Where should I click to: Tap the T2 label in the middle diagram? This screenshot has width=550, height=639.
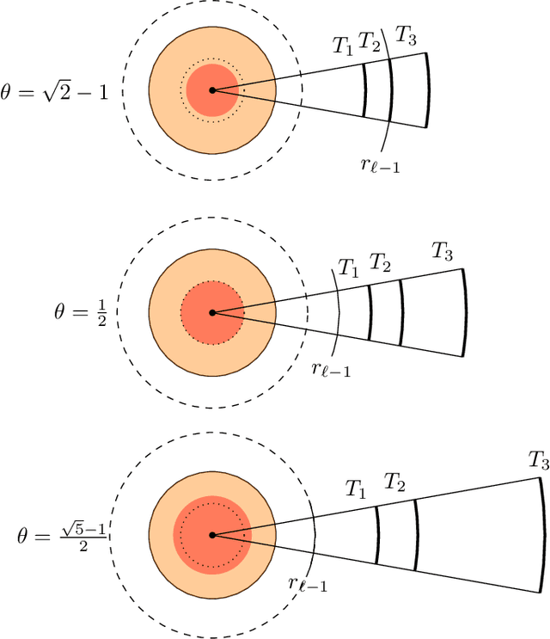coord(380,262)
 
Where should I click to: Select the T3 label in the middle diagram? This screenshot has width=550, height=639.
coord(443,251)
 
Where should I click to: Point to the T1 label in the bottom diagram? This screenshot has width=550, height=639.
coord(356,489)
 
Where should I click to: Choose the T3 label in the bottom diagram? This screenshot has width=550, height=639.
coord(539,462)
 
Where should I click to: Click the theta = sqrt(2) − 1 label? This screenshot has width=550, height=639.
coord(56,90)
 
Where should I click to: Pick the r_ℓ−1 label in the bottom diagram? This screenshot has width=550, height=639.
coord(308,585)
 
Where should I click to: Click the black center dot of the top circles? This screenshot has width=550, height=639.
coord(211,89)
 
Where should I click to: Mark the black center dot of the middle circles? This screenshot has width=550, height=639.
coord(211,312)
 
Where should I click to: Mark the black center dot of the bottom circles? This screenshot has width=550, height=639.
coord(211,535)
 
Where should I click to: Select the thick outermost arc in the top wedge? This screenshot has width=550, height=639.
coord(428,90)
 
